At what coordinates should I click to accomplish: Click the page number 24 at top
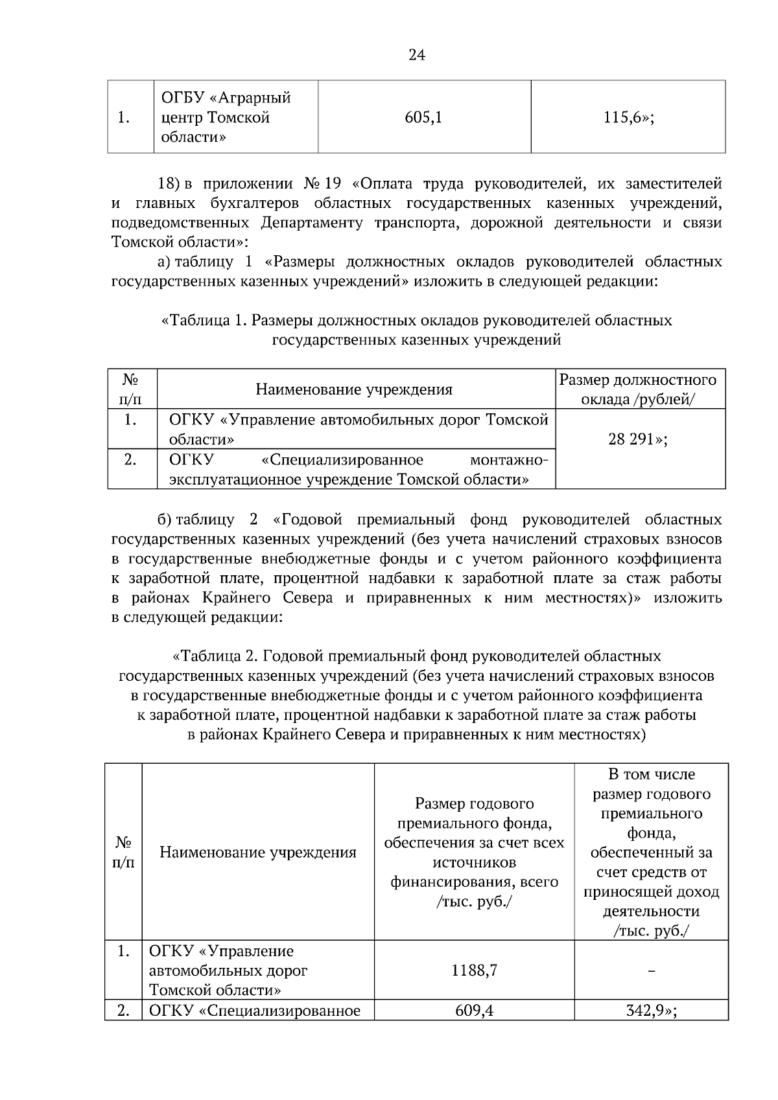[x=417, y=55]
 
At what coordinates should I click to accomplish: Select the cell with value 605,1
[x=423, y=117]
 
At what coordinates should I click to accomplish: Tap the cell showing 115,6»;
[x=628, y=117]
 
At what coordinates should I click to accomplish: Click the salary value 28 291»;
[x=640, y=439]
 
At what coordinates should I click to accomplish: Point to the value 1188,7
[x=474, y=970]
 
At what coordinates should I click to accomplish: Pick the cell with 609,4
[x=474, y=1011]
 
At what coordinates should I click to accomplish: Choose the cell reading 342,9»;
[x=651, y=1011]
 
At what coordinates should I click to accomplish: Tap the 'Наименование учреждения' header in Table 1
[x=354, y=389]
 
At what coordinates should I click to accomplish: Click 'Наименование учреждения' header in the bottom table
[x=258, y=852]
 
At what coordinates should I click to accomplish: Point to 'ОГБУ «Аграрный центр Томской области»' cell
[x=226, y=117]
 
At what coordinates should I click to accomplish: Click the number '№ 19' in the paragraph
[x=322, y=184]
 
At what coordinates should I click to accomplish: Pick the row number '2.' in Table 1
[x=130, y=460]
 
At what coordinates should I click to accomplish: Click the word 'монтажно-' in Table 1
[x=509, y=460]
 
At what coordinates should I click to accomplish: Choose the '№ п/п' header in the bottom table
[x=123, y=852]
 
